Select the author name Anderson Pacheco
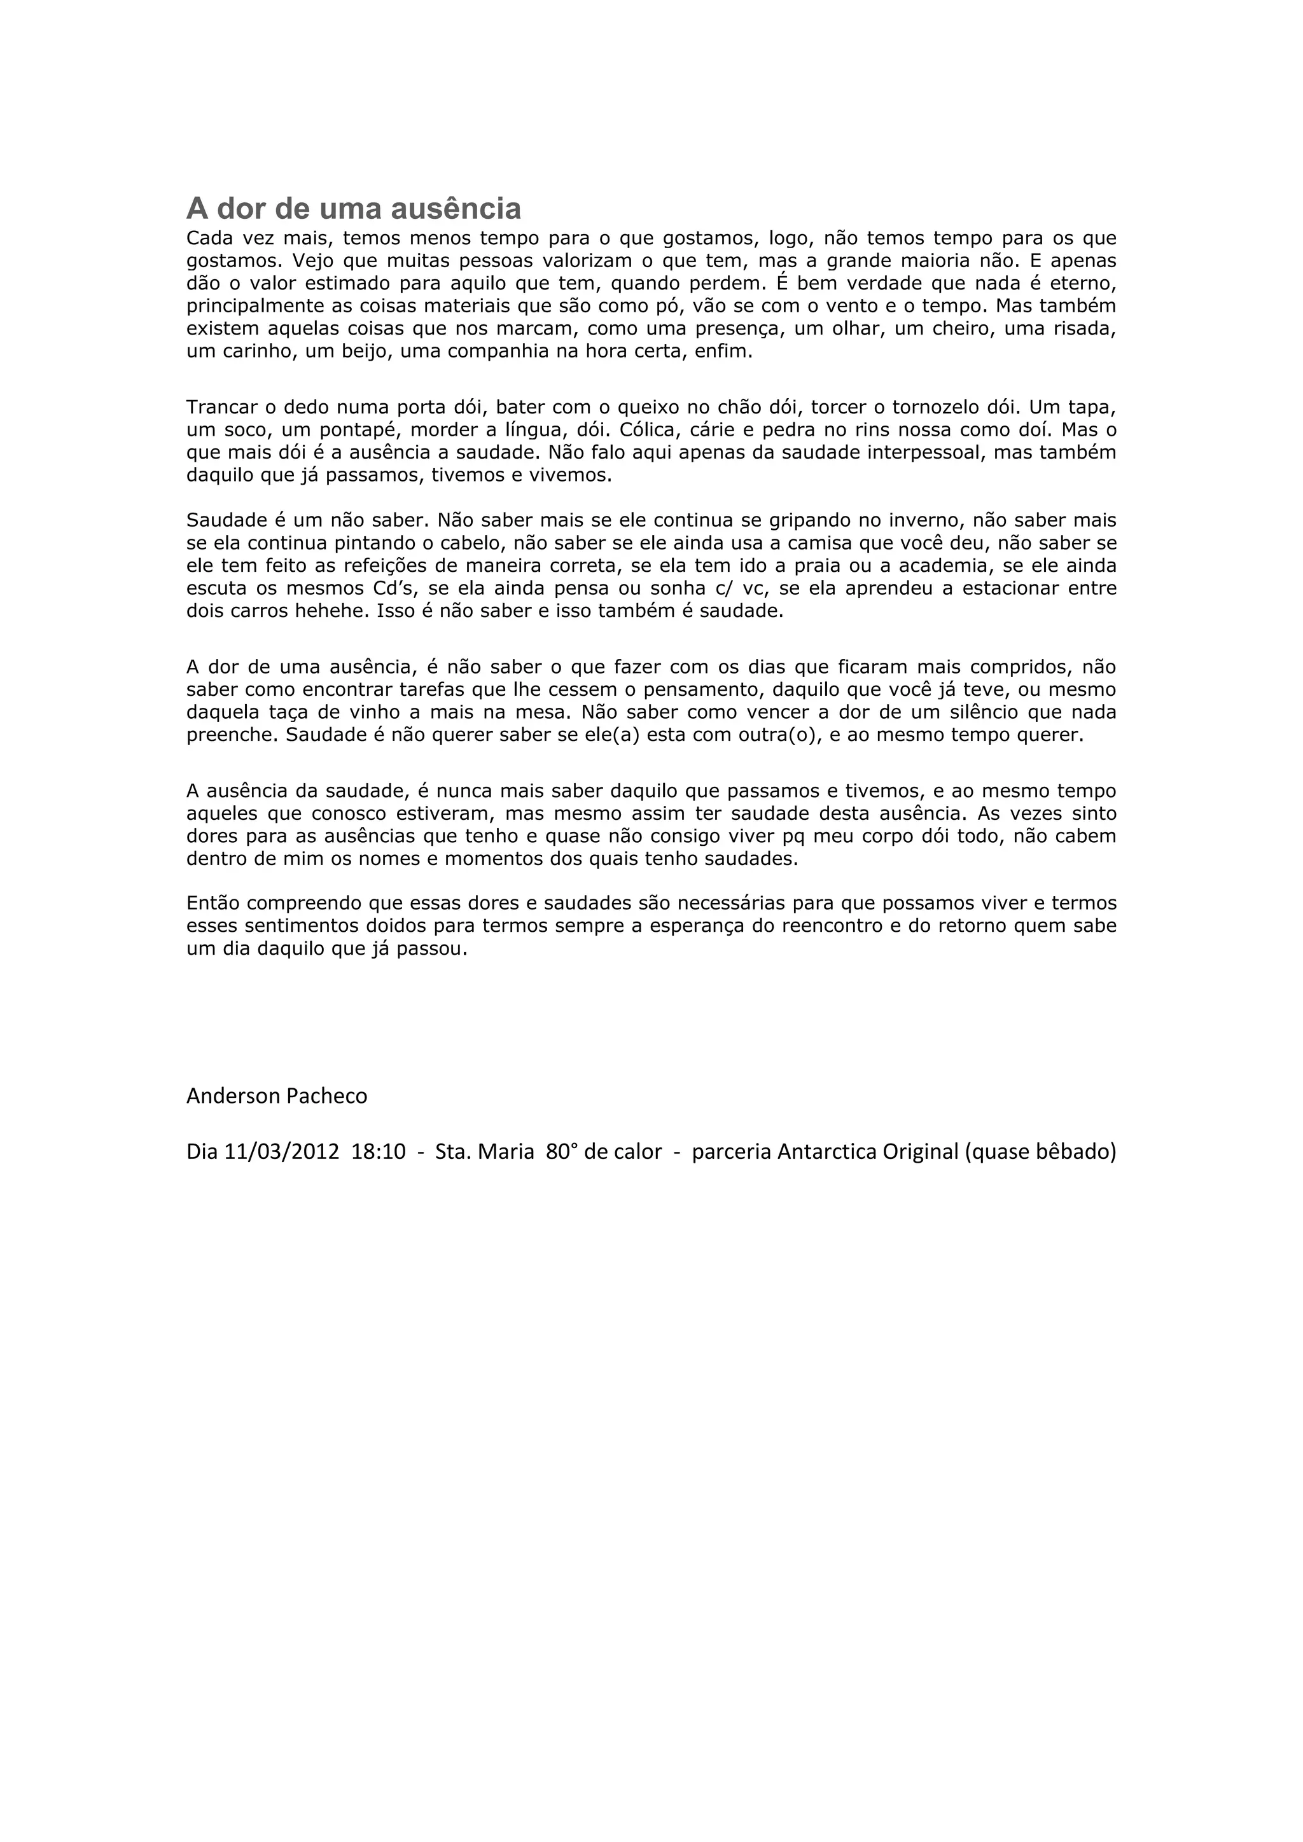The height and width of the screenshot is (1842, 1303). click(x=277, y=1096)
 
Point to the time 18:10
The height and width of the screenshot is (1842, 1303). click(x=378, y=1152)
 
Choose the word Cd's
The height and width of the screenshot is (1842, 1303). click(x=393, y=588)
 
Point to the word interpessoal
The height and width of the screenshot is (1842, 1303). click(x=901, y=452)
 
